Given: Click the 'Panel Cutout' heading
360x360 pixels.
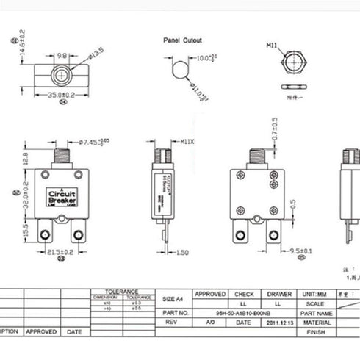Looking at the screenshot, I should (182, 40).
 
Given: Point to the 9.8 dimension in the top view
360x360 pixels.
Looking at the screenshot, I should (62, 54).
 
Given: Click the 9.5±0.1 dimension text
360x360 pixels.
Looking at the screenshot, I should (284, 251).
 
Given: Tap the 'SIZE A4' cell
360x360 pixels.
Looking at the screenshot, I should (172, 299).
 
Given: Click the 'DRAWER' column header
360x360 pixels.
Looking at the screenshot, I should (278, 293).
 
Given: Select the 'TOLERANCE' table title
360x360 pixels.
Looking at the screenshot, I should (121, 291).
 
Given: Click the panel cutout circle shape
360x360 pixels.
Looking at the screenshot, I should (179, 70).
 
